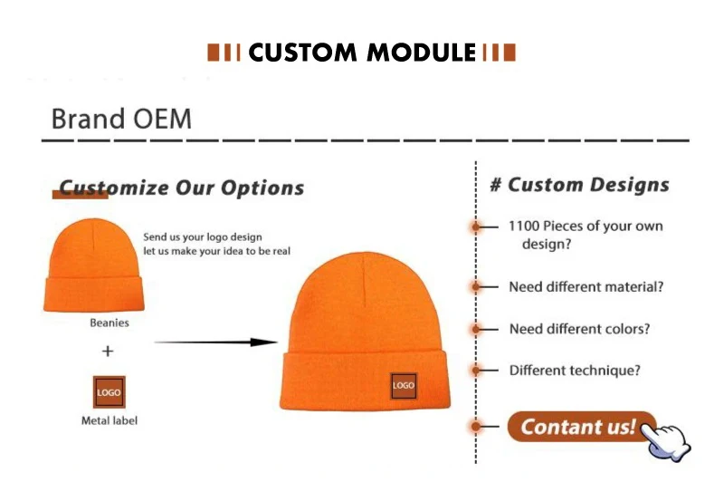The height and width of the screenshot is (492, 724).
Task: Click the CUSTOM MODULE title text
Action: click(x=361, y=53)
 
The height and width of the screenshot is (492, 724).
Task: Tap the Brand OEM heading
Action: click(x=121, y=119)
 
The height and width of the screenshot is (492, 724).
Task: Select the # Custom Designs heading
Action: click(x=579, y=186)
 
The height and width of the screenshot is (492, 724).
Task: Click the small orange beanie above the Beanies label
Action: click(x=91, y=265)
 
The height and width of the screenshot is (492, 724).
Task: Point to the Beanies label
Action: click(x=109, y=323)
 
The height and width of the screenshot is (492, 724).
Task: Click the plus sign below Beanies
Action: click(x=108, y=351)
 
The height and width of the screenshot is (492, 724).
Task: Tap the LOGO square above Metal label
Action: click(x=109, y=391)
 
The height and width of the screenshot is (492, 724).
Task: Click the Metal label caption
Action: click(x=109, y=420)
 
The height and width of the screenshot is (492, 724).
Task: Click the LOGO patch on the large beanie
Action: click(x=404, y=385)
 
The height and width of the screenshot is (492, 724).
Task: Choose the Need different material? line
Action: click(x=586, y=286)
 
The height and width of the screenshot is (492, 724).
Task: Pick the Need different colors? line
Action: click(x=579, y=329)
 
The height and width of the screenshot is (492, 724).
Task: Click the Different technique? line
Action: click(x=575, y=370)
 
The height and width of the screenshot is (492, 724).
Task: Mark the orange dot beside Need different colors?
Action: click(x=476, y=328)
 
